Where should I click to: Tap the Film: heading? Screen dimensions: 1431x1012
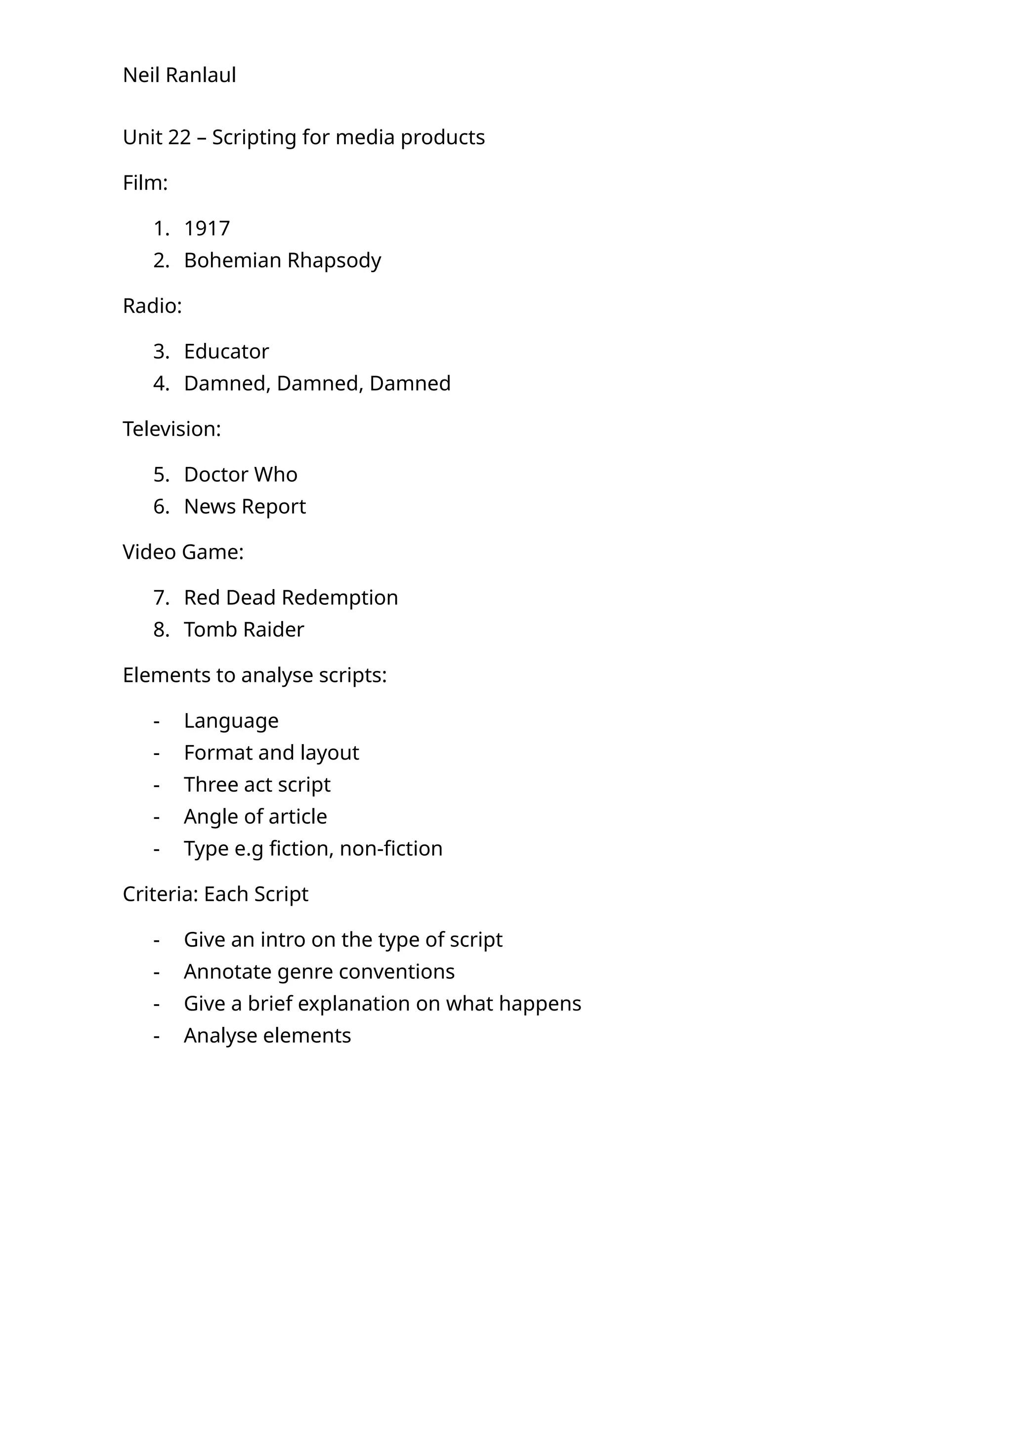[x=145, y=183]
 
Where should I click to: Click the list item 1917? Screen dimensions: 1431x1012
[x=207, y=229]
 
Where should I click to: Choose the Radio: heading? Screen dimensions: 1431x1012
[x=152, y=306]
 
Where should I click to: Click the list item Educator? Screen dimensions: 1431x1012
[x=226, y=351]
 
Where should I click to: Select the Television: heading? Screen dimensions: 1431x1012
[x=172, y=429]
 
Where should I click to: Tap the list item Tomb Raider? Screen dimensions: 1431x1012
[x=244, y=630]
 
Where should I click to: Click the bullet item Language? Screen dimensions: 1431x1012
[x=231, y=721]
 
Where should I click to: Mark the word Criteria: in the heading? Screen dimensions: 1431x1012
[x=160, y=894]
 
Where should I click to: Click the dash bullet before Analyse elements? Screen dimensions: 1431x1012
[x=157, y=1036]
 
